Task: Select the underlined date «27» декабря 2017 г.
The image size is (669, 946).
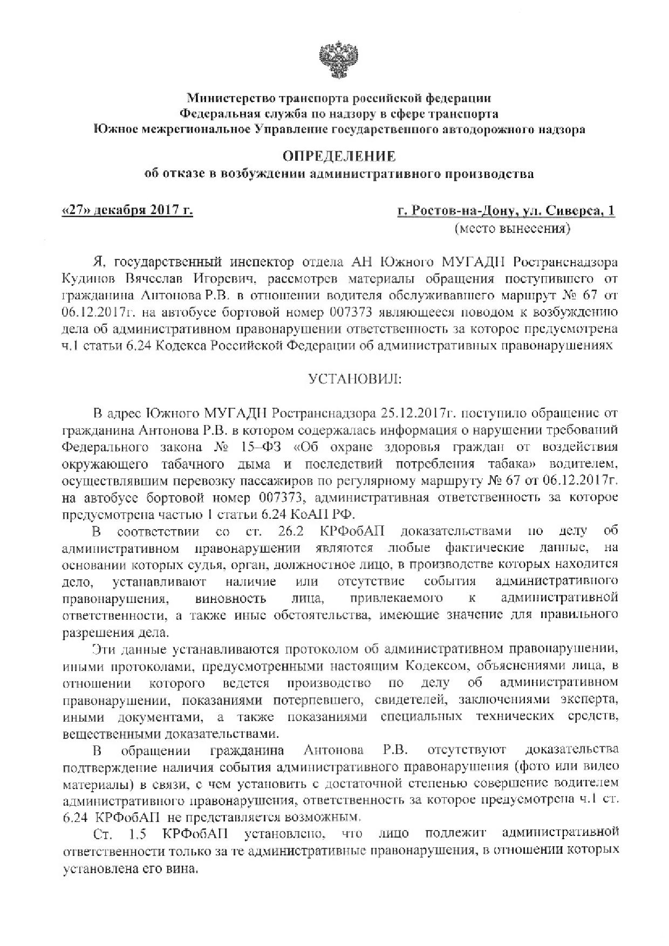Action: pyautogui.click(x=128, y=210)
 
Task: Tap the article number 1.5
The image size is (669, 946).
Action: pyautogui.click(x=138, y=834)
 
